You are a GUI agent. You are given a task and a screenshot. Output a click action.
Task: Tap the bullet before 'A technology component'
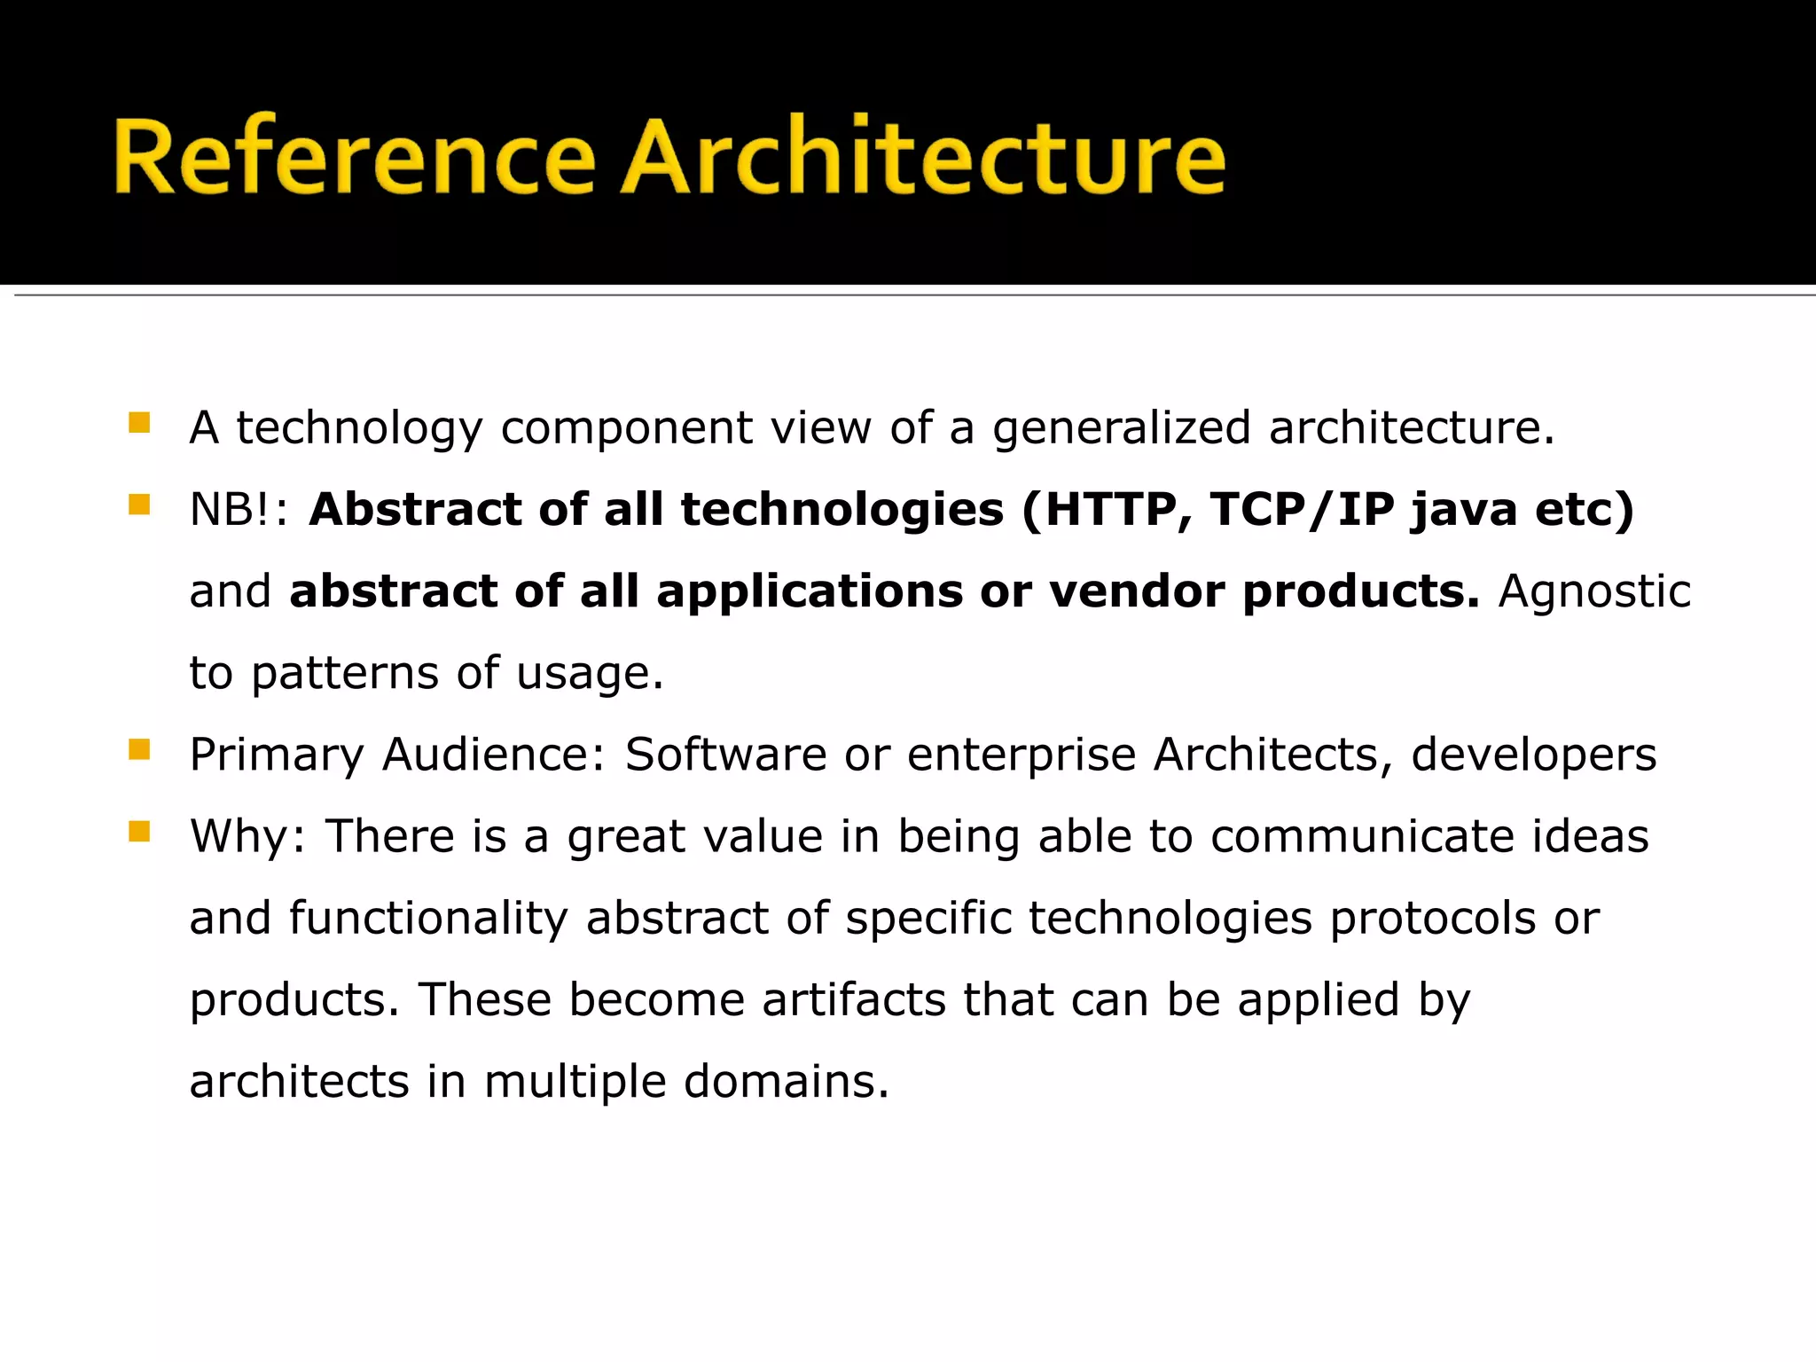pos(139,422)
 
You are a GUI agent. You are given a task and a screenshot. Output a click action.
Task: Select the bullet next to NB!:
pos(139,505)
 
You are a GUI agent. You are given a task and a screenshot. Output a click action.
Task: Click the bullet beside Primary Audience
pos(139,750)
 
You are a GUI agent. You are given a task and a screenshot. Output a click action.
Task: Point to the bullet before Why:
pos(139,832)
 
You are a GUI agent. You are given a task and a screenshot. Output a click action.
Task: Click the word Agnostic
pos(1594,592)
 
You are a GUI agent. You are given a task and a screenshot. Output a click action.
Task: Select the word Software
pos(725,755)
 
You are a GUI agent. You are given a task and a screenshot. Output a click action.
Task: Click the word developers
pos(1533,755)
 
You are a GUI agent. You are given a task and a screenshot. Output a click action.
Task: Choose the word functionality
pos(428,919)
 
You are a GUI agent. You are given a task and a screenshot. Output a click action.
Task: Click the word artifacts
pos(854,1000)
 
